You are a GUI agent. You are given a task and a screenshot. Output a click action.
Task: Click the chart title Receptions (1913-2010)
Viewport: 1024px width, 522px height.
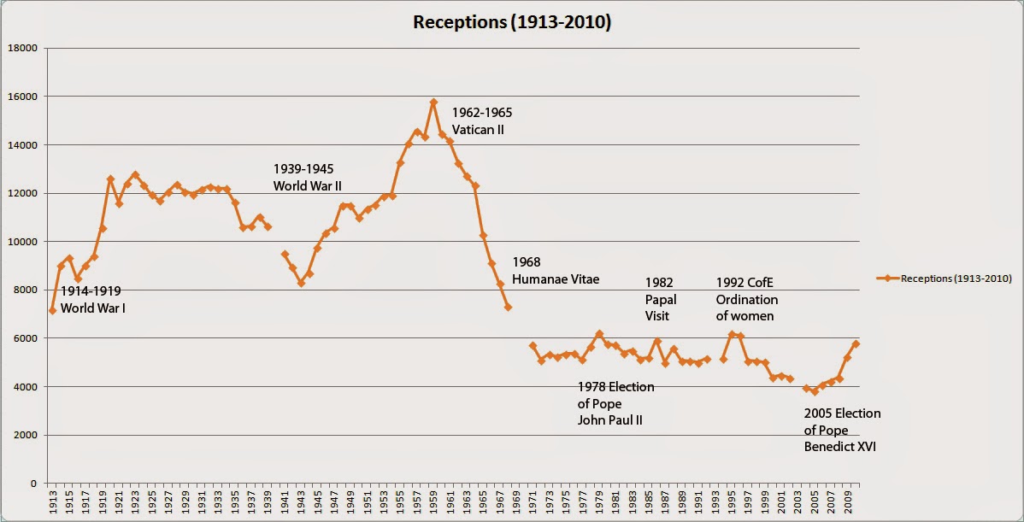511,21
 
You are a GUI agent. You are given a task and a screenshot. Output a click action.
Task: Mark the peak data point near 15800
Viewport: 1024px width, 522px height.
433,102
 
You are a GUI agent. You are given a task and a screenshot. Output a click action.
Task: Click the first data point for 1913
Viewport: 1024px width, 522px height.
53,311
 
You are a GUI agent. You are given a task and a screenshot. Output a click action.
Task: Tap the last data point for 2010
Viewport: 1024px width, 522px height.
856,343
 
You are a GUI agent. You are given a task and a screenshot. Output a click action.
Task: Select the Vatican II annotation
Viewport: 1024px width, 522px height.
482,120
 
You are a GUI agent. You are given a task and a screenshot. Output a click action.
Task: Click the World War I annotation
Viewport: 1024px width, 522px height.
92,299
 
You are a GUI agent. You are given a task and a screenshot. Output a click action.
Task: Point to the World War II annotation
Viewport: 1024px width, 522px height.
313,177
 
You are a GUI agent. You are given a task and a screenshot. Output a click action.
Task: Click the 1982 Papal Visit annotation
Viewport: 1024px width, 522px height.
661,299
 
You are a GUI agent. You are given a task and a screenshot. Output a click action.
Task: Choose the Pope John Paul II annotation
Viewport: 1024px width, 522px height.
615,403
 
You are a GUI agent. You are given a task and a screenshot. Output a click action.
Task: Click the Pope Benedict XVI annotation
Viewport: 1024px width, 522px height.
842,430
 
